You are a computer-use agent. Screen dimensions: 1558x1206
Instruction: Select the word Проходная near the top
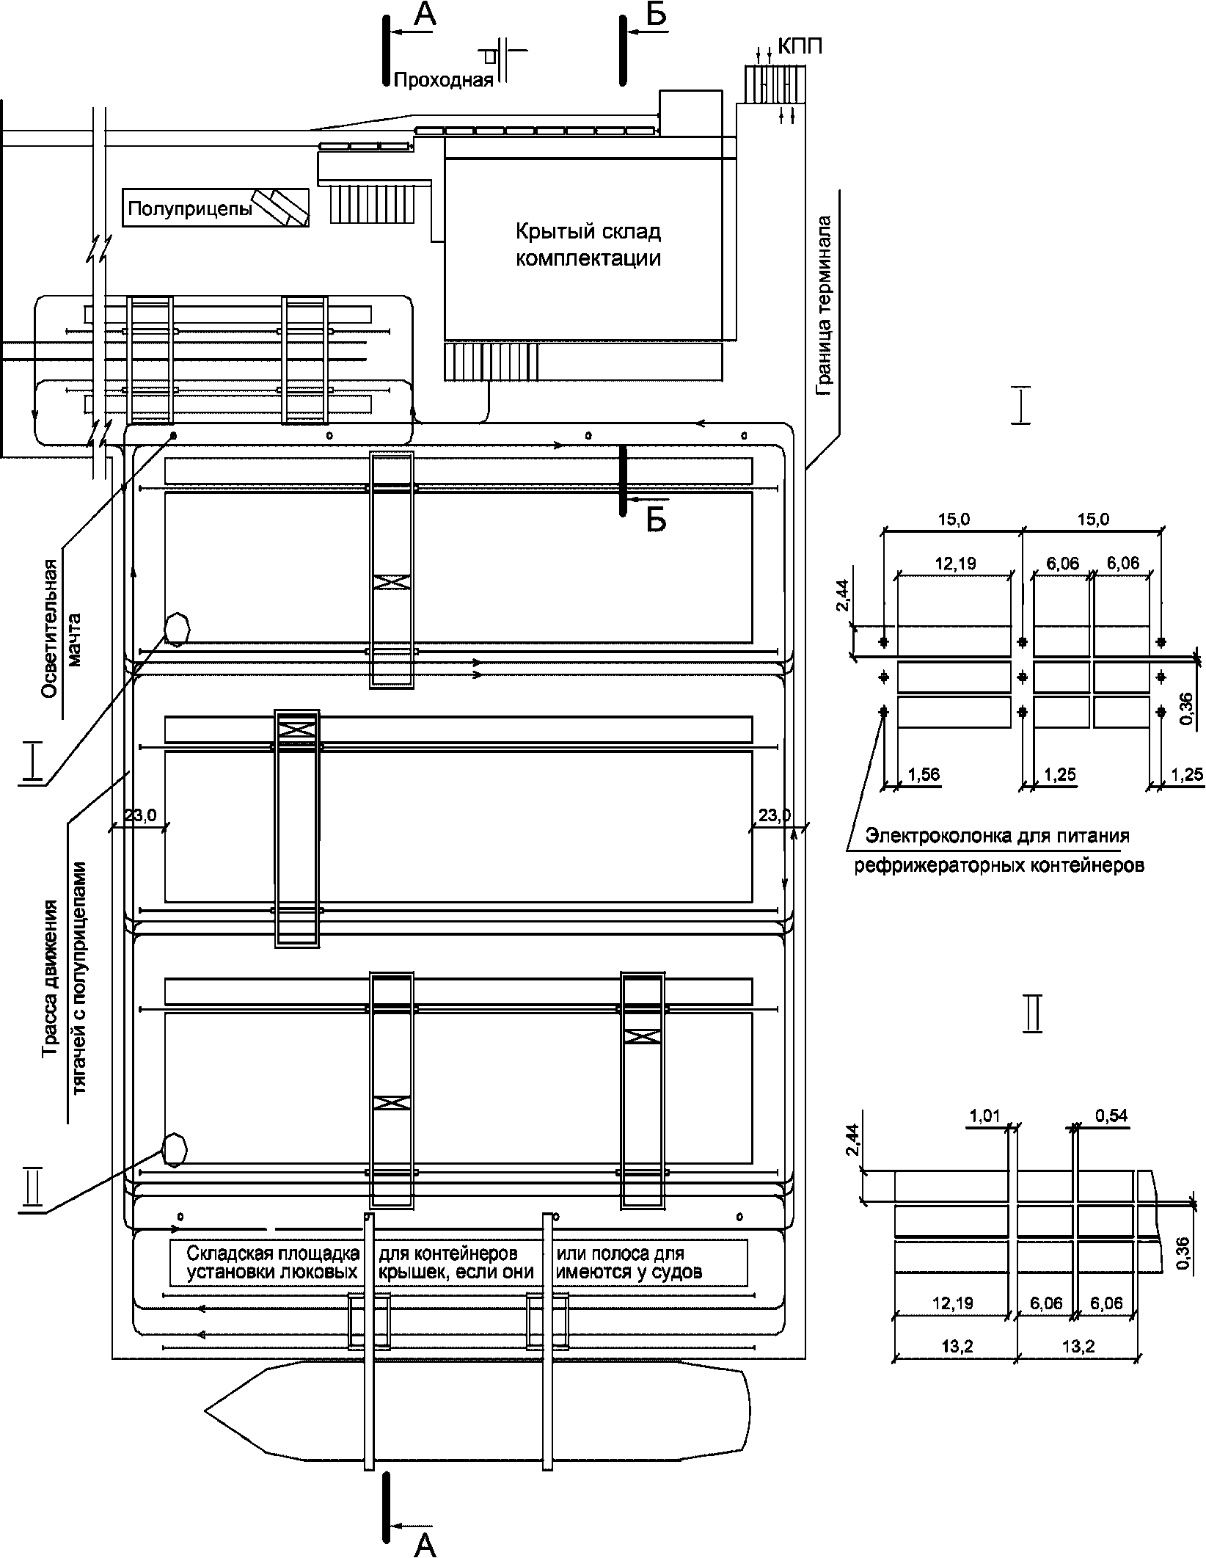tap(443, 80)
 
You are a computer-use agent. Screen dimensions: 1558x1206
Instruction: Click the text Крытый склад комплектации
tap(588, 245)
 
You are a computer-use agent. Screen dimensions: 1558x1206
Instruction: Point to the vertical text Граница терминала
tap(825, 305)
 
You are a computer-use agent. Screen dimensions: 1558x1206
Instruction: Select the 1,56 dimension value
tap(924, 773)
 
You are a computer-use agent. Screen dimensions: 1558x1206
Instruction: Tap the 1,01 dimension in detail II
tap(985, 1116)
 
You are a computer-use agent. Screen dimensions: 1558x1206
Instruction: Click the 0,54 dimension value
tap(1111, 1116)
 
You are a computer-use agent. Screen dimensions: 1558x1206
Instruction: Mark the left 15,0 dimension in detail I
tap(954, 520)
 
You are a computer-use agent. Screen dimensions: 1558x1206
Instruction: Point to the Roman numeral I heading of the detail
tap(1020, 407)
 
